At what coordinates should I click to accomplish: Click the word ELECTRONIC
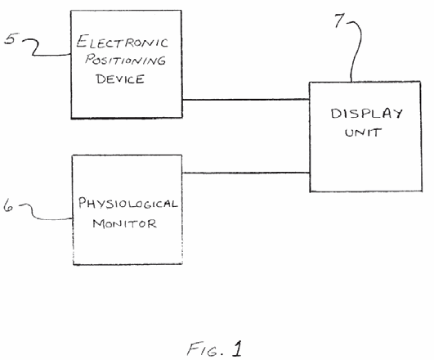(x=122, y=42)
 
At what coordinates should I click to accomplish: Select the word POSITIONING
(x=125, y=60)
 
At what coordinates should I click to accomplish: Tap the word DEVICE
(x=120, y=79)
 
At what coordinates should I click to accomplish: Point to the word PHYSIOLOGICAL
(x=128, y=204)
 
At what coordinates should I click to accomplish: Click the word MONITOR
(x=124, y=223)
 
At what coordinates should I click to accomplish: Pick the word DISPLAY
(x=366, y=114)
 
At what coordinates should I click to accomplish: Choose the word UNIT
(x=363, y=133)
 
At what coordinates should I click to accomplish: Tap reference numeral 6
(x=8, y=206)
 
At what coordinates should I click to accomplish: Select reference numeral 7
(x=339, y=20)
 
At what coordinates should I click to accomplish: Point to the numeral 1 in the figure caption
(x=237, y=349)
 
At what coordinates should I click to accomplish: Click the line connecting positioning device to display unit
(x=246, y=99)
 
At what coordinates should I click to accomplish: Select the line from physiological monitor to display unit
(x=246, y=173)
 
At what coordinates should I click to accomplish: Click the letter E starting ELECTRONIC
(x=83, y=41)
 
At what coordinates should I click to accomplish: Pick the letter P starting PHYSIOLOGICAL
(x=83, y=202)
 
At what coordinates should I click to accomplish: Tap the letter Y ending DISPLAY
(x=397, y=114)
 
